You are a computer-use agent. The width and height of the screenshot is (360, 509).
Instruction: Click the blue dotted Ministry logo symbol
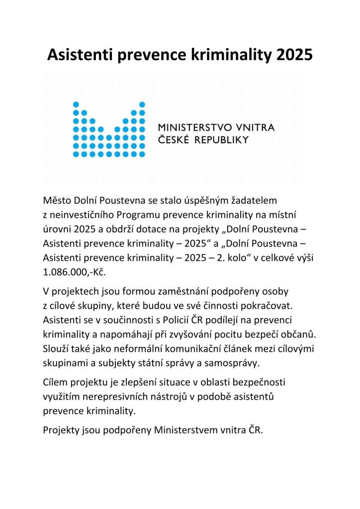click(x=109, y=129)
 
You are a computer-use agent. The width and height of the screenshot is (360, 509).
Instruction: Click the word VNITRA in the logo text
click(x=254, y=128)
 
